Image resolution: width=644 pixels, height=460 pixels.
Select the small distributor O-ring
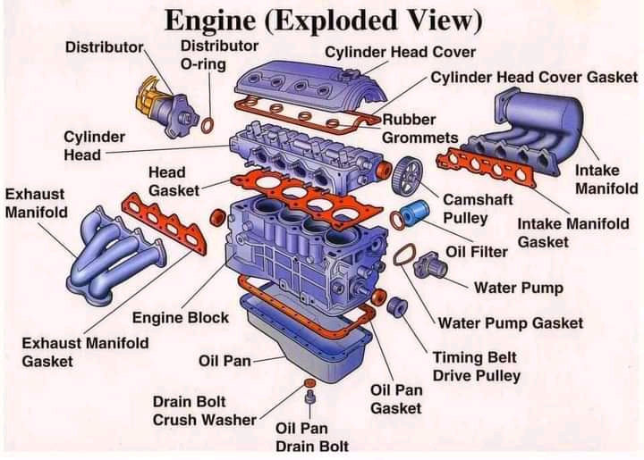pyautogui.click(x=208, y=125)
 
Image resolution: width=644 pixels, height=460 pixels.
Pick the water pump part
pyautogui.click(x=432, y=265)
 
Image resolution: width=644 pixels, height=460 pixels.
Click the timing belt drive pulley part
pyautogui.click(x=397, y=307)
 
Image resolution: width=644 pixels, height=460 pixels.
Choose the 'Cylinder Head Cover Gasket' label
pyautogui.click(x=534, y=77)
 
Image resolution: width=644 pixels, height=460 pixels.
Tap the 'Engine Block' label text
pyautogui.click(x=181, y=318)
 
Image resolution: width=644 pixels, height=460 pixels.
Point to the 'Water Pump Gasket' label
pyautogui.click(x=510, y=322)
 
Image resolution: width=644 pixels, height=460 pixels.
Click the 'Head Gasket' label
pyautogui.click(x=167, y=181)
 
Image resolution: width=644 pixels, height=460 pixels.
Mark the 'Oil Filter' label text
pyautogui.click(x=477, y=252)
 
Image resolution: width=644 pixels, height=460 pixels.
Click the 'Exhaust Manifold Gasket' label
pyautogui.click(x=85, y=352)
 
